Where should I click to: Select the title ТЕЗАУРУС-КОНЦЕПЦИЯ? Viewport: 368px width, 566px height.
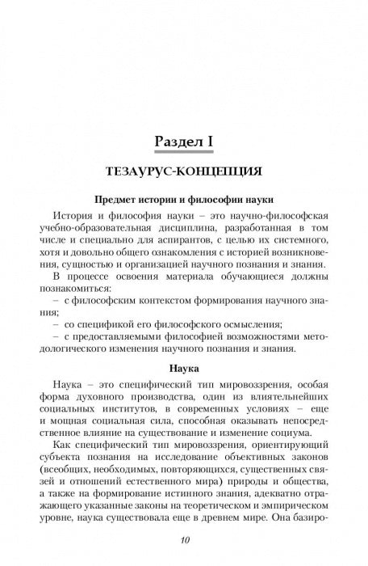point(183,173)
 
